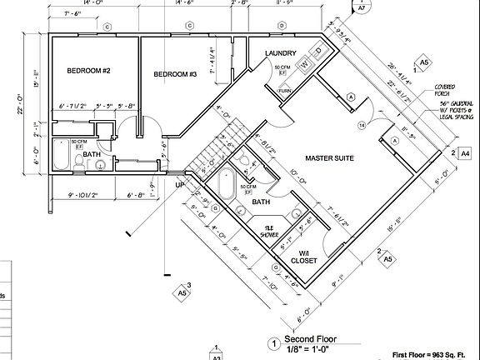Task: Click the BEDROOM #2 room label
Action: pyautogui.click(x=89, y=71)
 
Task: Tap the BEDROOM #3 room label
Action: pyautogui.click(x=175, y=75)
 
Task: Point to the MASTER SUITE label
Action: pyautogui.click(x=331, y=157)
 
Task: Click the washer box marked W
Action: pyautogui.click(x=305, y=63)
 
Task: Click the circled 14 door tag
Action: pyautogui.click(x=361, y=125)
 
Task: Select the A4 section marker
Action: pyautogui.click(x=465, y=153)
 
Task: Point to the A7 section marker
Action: pyautogui.click(x=362, y=10)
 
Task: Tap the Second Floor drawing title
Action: pyautogui.click(x=310, y=339)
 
